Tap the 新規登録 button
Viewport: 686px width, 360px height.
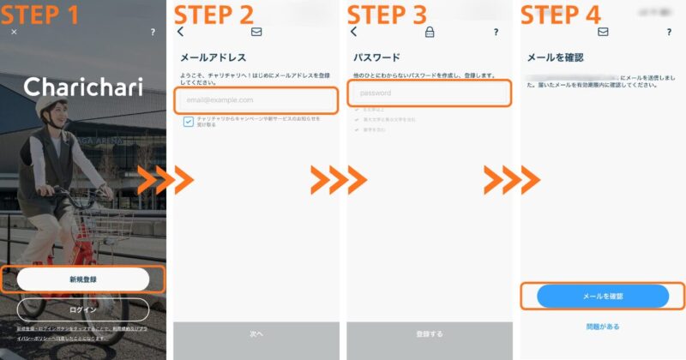point(83,279)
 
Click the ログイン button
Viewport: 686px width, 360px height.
point(83,309)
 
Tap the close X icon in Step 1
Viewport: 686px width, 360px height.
point(14,32)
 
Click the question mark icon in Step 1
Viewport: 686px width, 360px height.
point(153,32)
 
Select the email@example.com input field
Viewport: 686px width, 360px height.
point(256,99)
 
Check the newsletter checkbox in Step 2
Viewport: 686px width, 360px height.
point(188,123)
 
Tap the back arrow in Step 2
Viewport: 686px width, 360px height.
point(181,32)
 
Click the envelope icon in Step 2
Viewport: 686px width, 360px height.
point(256,32)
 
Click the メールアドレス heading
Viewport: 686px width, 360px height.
point(214,57)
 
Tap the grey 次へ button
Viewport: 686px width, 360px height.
point(256,333)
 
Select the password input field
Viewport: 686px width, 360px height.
point(429,93)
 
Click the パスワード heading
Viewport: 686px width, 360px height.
point(377,57)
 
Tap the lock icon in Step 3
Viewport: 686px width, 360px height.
point(430,32)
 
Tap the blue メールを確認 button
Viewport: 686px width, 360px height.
point(602,296)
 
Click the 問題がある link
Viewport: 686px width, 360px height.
point(602,327)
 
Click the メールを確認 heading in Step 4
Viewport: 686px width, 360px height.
point(555,57)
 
